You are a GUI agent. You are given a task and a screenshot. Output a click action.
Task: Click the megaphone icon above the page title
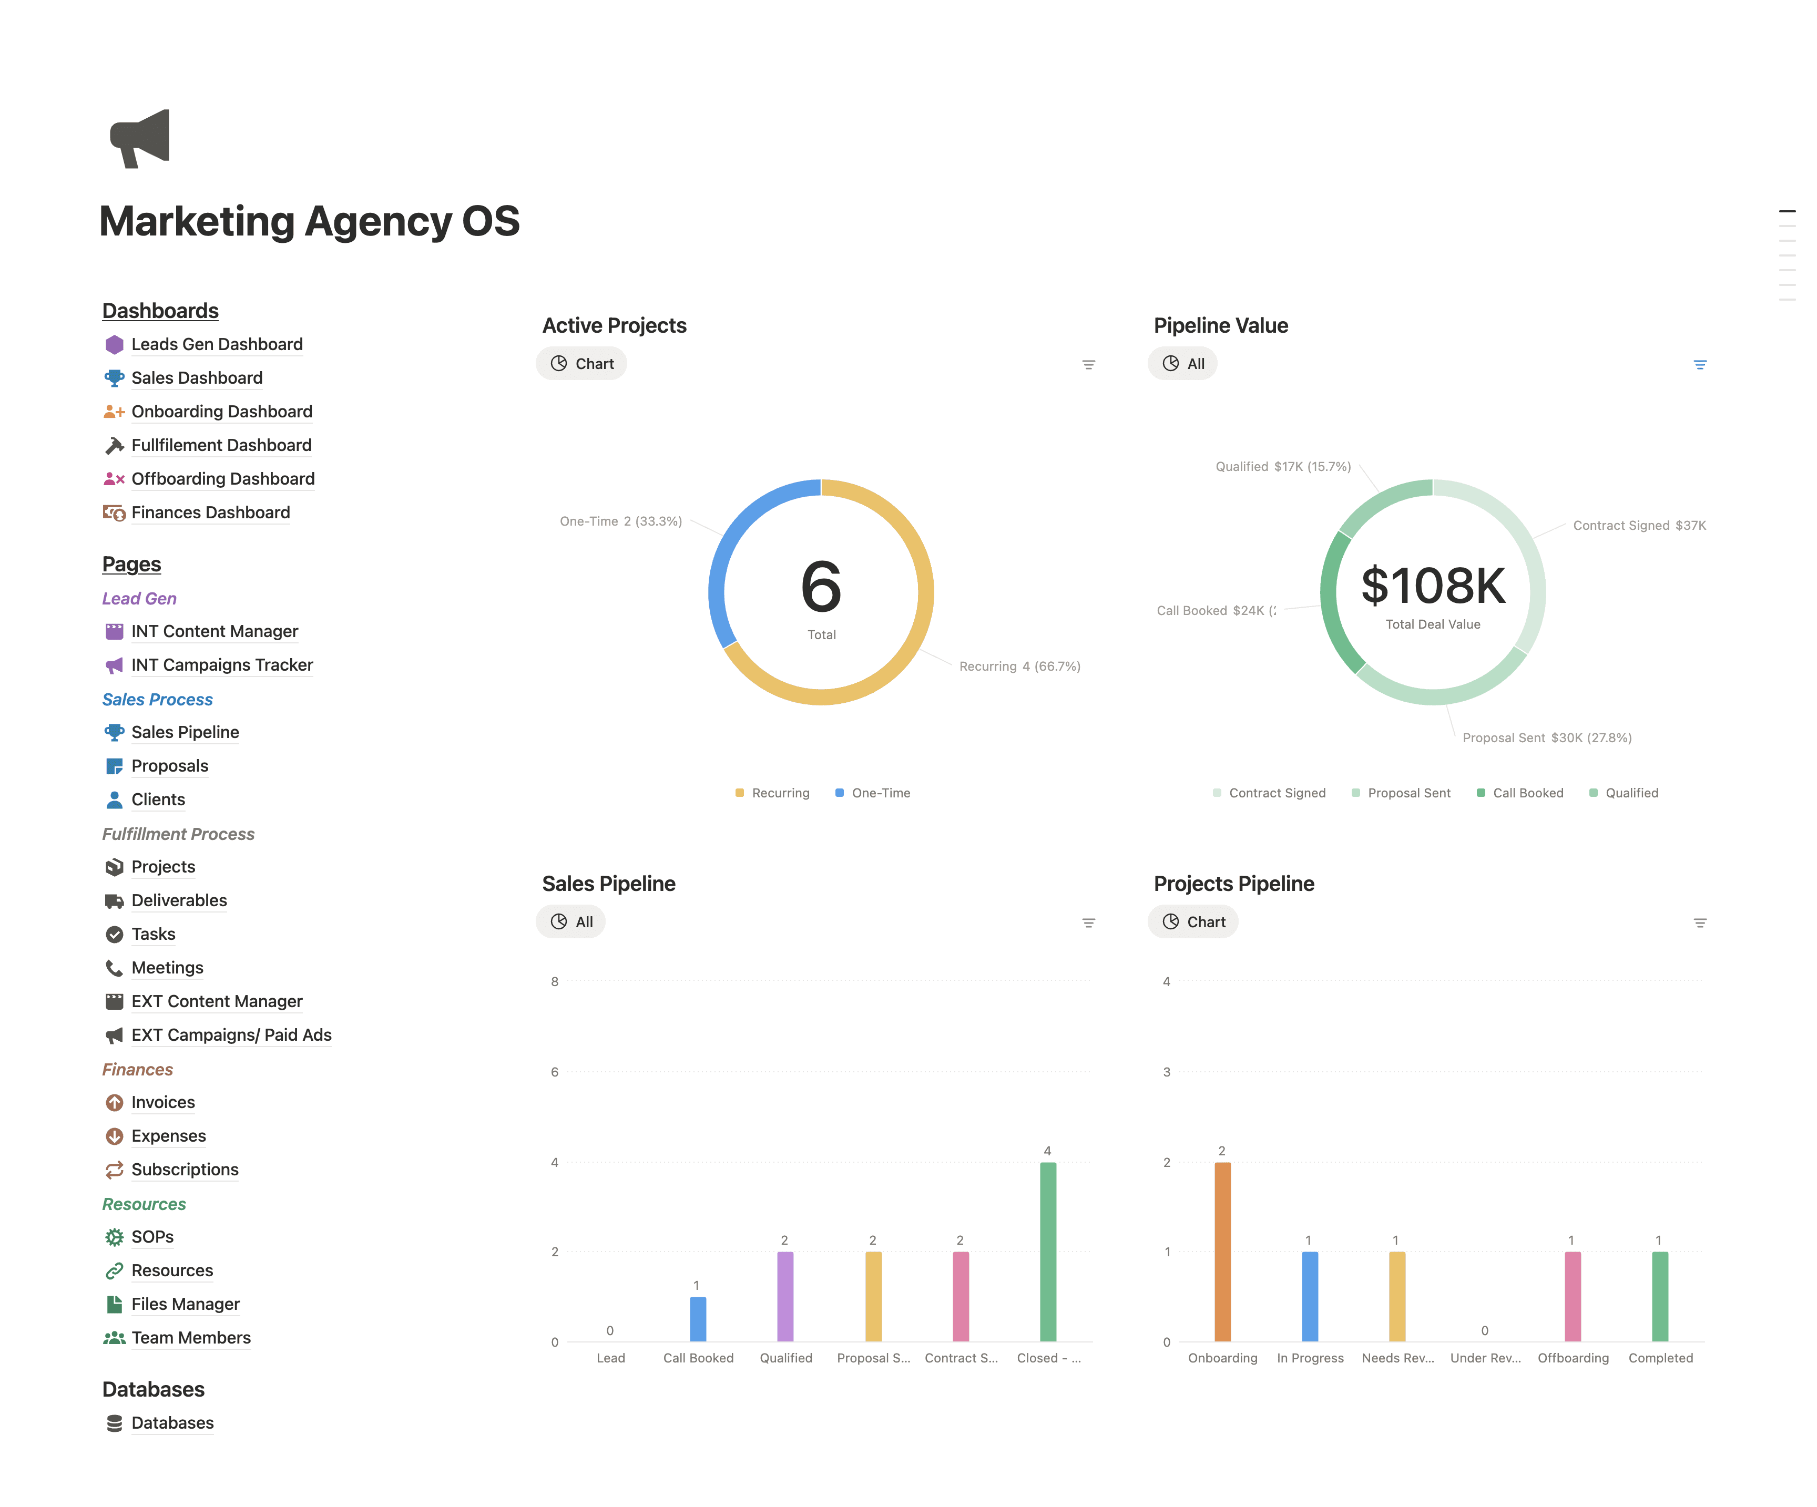(140, 138)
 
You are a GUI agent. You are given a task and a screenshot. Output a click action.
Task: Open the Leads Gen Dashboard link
(216, 344)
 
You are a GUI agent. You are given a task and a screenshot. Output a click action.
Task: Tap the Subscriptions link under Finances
(185, 1170)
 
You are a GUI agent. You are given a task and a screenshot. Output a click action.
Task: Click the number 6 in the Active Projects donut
(820, 586)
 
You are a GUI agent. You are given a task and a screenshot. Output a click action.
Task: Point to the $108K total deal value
(1433, 586)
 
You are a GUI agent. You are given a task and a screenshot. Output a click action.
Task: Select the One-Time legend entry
(880, 793)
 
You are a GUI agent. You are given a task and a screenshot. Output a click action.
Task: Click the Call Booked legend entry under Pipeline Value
(1527, 793)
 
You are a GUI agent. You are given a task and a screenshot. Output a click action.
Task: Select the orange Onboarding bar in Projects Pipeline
(1222, 1251)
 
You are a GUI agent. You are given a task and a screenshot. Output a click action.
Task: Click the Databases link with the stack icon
(172, 1423)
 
